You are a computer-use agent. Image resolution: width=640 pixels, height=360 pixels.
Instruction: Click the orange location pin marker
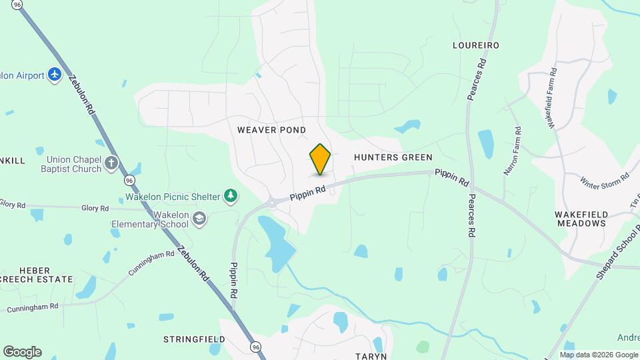coord(320,160)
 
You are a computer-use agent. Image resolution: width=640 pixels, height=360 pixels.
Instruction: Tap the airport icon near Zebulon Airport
coord(55,75)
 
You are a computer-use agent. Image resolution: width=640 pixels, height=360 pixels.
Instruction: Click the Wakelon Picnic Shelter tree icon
coord(231,195)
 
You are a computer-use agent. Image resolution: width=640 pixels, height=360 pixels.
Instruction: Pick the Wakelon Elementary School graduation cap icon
coord(199,219)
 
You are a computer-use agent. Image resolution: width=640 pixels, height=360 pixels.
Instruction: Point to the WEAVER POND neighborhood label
coord(271,130)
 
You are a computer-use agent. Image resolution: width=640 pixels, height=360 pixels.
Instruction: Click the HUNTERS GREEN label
coord(393,157)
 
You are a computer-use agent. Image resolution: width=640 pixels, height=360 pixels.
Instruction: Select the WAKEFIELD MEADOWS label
coord(580,219)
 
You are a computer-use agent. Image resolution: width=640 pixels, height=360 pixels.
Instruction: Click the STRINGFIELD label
coord(193,339)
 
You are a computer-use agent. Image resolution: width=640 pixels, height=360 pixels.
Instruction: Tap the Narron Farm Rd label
coord(511,151)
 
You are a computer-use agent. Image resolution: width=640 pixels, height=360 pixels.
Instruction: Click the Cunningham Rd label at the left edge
coord(33,308)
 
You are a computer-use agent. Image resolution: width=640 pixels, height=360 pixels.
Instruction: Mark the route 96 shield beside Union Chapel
coord(129,181)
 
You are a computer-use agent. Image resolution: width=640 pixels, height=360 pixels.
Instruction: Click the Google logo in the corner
coord(22,352)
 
